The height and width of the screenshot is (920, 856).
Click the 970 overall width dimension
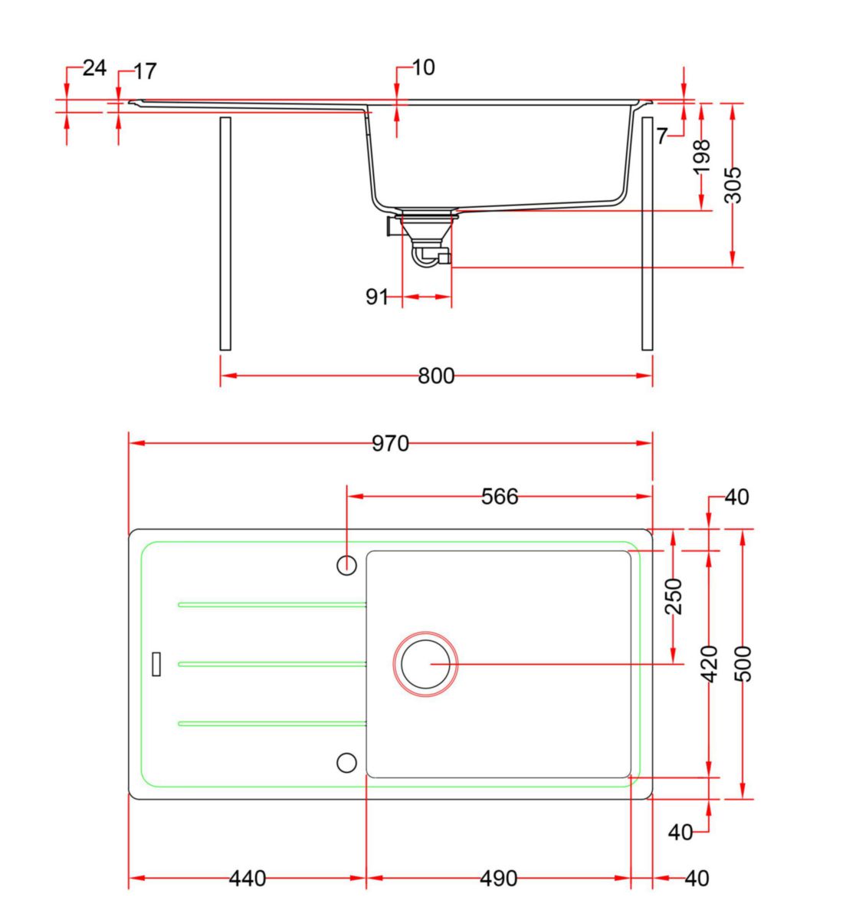[x=390, y=443]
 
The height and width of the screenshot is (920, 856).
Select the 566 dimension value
[x=500, y=497]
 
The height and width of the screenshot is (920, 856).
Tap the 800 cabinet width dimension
[x=436, y=376]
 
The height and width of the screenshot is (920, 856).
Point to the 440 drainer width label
[x=248, y=878]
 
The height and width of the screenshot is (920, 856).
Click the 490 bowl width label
[x=499, y=878]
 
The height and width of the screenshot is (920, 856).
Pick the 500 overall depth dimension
[x=743, y=664]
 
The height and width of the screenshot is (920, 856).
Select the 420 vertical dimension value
[x=710, y=664]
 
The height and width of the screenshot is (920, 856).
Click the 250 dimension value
[x=674, y=596]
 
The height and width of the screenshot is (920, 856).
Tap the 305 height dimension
[x=733, y=185]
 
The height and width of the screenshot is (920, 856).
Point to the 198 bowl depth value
[x=701, y=157]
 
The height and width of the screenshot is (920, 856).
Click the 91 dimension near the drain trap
[x=377, y=297]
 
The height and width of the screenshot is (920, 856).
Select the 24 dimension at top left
[x=93, y=68]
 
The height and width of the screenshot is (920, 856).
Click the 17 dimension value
[x=145, y=72]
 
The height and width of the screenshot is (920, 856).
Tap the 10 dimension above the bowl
[x=423, y=67]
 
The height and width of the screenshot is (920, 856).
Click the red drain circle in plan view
[x=426, y=664]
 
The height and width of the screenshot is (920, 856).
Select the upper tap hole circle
[x=347, y=565]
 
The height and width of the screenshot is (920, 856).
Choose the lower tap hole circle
[x=347, y=762]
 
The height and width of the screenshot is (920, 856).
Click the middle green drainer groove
[x=272, y=664]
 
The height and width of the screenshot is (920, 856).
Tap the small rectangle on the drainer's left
[x=157, y=663]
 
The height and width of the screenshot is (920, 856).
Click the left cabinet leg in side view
[x=225, y=233]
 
